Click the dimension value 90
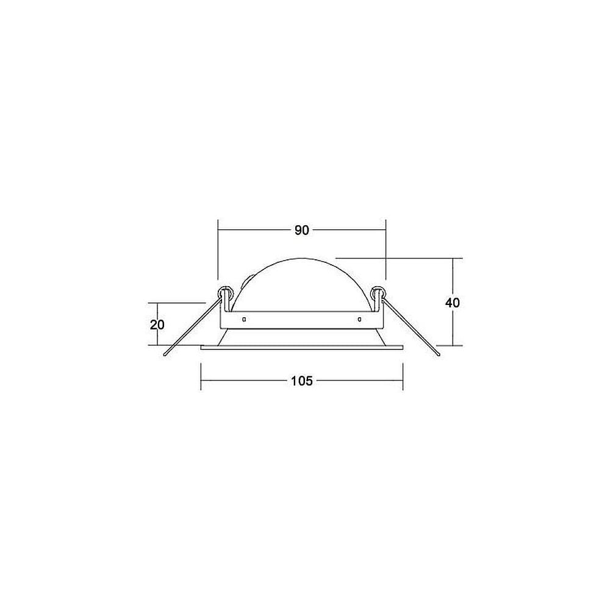click(x=301, y=231)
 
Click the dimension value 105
click(x=302, y=381)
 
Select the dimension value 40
click(x=453, y=303)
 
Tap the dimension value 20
click(x=157, y=325)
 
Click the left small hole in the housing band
click(x=244, y=320)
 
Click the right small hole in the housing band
click(x=359, y=320)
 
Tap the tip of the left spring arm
click(x=165, y=355)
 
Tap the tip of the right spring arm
click(x=439, y=355)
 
